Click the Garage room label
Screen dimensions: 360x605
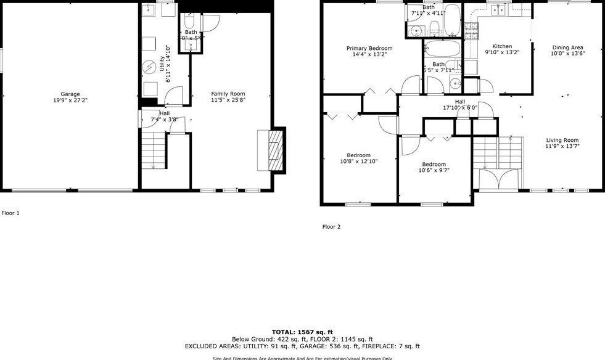70,94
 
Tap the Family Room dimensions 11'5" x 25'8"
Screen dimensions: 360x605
229,100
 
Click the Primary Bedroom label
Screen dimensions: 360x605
369,48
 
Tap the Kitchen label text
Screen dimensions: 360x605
502,46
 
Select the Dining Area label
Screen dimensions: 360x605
567,47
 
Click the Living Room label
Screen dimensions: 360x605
562,140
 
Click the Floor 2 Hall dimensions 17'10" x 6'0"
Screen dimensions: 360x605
460,108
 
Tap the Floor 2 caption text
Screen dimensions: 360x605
331,227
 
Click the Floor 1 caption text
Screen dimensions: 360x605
10,213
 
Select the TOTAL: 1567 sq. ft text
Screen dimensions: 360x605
302,332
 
